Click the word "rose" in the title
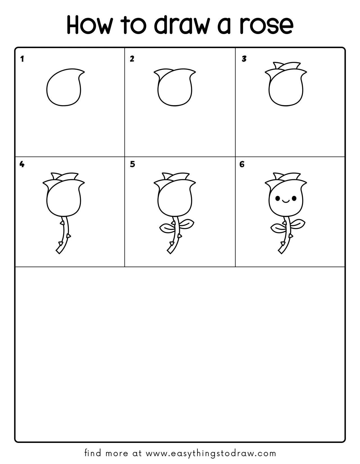(x=267, y=26)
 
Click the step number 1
(x=22, y=59)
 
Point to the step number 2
(x=132, y=59)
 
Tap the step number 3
(x=244, y=59)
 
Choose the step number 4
(x=22, y=164)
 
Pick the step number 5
(x=132, y=164)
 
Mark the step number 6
(x=242, y=164)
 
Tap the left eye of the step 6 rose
(x=278, y=199)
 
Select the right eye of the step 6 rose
(x=294, y=199)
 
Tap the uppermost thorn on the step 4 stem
(x=62, y=223)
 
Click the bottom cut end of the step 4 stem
(x=58, y=252)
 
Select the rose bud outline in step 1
(x=47, y=90)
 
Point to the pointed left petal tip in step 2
(x=154, y=72)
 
